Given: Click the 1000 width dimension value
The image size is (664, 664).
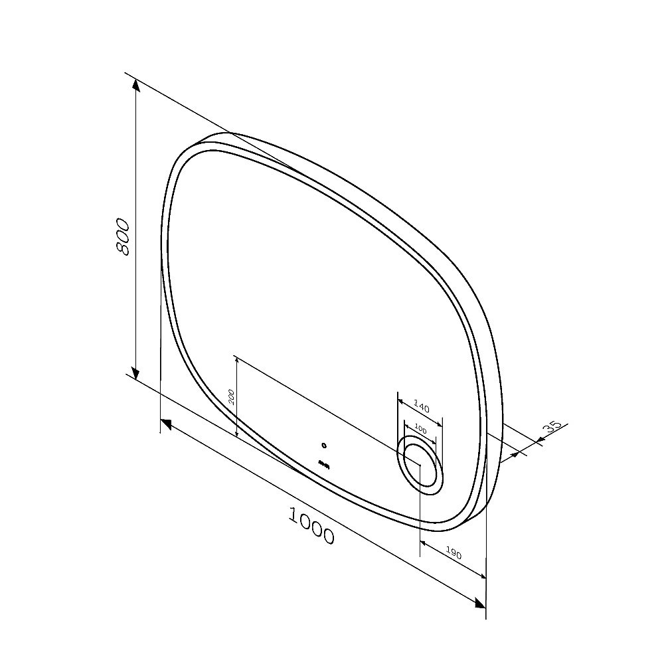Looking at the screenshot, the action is coord(311,525).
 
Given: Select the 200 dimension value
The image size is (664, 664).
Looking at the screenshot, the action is coord(232,397).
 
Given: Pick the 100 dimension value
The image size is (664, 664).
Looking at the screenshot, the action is coord(420,428).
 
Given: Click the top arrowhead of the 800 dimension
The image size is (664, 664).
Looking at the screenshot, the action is coord(135,86).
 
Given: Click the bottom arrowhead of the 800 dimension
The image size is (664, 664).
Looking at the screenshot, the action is coord(135,373).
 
